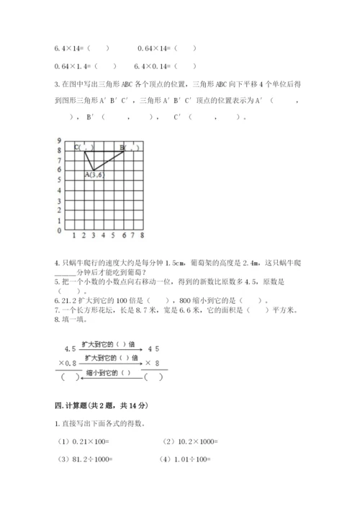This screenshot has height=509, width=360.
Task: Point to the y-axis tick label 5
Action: (59, 181)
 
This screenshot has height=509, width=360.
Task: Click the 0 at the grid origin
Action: (59, 231)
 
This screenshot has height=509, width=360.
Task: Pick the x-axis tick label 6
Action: (124, 235)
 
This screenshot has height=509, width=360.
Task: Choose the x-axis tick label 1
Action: (74, 235)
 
